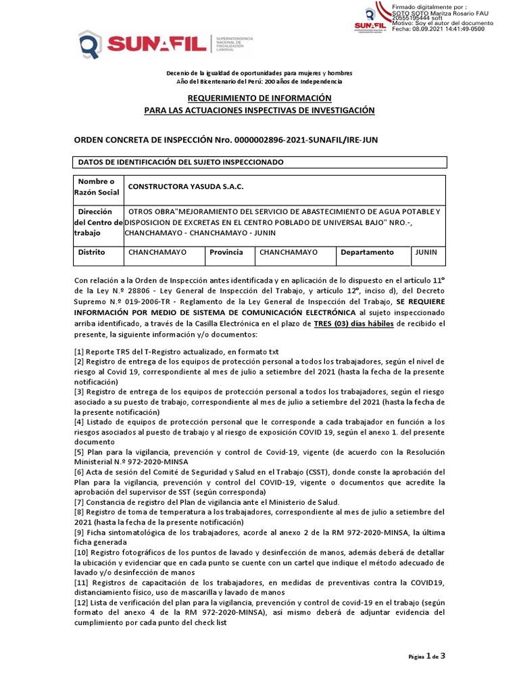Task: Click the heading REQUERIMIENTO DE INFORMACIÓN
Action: pyautogui.click(x=259, y=98)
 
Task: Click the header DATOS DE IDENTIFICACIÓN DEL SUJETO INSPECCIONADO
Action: pyautogui.click(x=181, y=163)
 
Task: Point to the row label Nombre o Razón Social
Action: pyautogui.click(x=98, y=187)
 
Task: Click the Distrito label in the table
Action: pyautogui.click(x=92, y=252)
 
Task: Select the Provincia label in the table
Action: pyautogui.click(x=226, y=252)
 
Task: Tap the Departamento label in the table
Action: pyautogui.click(x=367, y=252)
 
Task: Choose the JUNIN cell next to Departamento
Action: pyautogui.click(x=426, y=252)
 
